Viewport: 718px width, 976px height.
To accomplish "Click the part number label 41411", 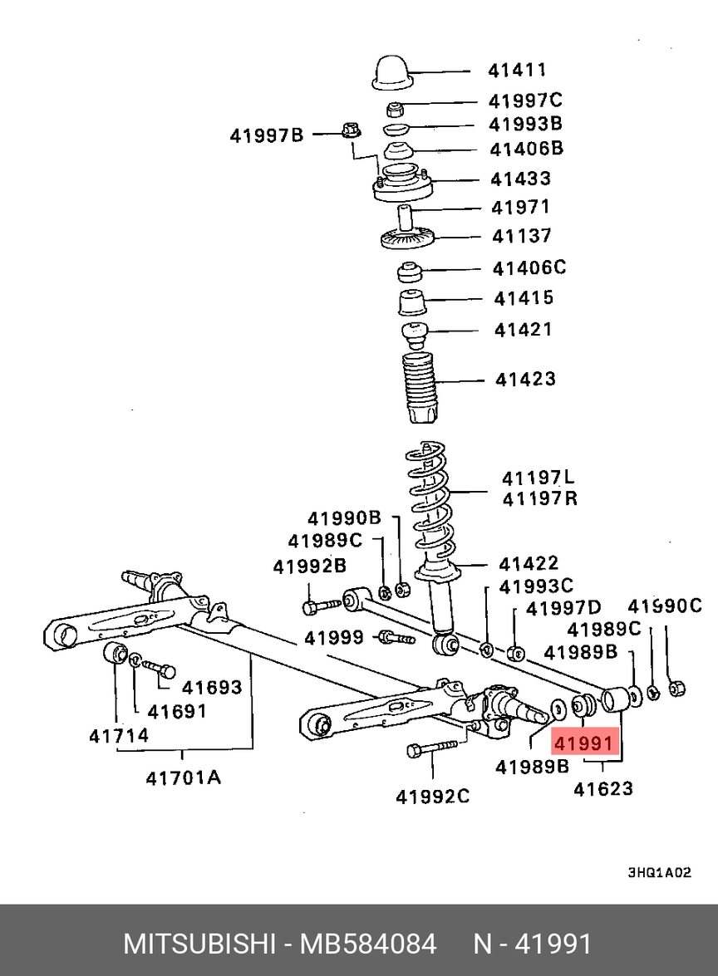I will click(x=519, y=71).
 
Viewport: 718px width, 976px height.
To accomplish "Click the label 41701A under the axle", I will click(x=184, y=777).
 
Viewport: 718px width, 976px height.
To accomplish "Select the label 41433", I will click(x=520, y=179).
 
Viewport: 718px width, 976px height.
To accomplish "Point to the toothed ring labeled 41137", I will click(x=407, y=239).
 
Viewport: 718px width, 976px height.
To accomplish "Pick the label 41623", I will click(x=602, y=788).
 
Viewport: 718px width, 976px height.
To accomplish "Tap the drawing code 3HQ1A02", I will click(x=659, y=873).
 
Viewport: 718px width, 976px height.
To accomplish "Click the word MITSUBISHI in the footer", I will click(x=199, y=944).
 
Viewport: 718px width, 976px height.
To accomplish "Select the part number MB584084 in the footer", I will click(x=368, y=944).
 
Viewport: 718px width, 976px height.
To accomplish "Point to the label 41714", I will click(x=119, y=736).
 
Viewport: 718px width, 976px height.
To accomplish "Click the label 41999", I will click(x=333, y=637).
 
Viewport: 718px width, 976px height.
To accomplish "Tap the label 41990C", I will click(x=664, y=606).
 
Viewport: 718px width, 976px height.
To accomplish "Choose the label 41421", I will click(x=524, y=330).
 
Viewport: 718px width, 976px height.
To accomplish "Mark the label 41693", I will click(x=212, y=688).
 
